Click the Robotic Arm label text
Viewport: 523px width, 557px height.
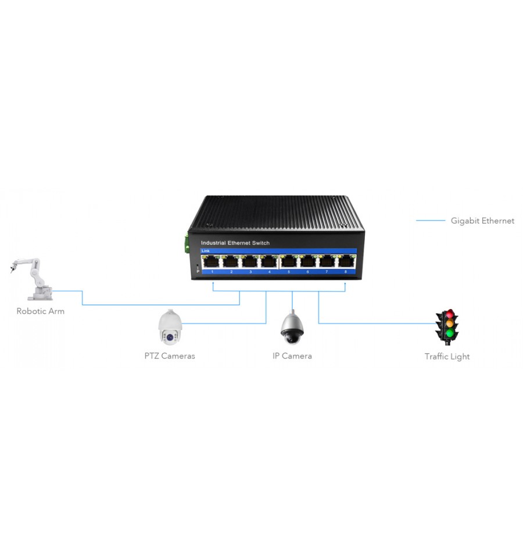click(x=41, y=311)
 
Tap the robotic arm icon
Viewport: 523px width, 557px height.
click(x=31, y=279)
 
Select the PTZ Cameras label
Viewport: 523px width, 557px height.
click(x=170, y=356)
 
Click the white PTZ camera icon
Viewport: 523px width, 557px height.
click(x=170, y=327)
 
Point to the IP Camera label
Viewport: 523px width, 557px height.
click(x=292, y=356)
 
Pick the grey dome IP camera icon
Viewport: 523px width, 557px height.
click(x=292, y=328)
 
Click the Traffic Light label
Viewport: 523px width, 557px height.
click(x=447, y=357)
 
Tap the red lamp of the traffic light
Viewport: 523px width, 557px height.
click(x=450, y=314)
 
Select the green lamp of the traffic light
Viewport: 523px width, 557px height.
click(x=450, y=333)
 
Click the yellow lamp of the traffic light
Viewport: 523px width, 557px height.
click(x=450, y=324)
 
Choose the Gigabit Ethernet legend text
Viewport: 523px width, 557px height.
click(x=482, y=221)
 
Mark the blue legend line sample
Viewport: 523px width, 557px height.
click(x=430, y=221)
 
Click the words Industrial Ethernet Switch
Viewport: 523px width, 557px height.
click(x=235, y=243)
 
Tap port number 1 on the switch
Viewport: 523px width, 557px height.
click(x=212, y=272)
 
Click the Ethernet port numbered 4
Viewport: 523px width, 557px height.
click(x=269, y=261)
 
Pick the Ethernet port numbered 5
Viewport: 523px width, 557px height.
click(x=289, y=261)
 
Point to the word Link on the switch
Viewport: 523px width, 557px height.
click(x=205, y=251)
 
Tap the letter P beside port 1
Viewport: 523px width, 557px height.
click(x=198, y=271)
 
